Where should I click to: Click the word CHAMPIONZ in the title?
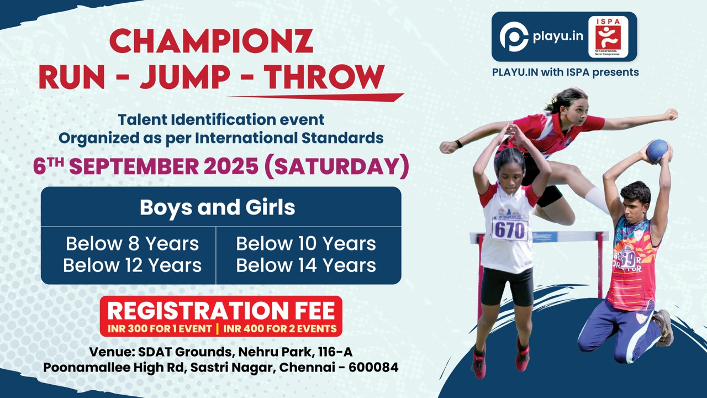point(212,41)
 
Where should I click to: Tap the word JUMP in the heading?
point(185,77)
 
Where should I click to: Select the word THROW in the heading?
point(324,77)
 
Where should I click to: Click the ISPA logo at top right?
point(608,37)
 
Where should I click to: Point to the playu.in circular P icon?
point(514,37)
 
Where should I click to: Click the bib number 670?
point(509,231)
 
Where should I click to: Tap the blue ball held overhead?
point(657,151)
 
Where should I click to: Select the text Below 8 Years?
point(132,244)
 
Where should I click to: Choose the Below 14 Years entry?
point(306,265)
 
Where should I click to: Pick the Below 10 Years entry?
point(306,244)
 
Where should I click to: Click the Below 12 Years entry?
point(132,265)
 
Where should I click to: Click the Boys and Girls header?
point(218,207)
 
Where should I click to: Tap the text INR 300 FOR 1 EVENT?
point(160,329)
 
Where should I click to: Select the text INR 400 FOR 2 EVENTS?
point(280,329)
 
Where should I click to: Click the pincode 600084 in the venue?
point(373,368)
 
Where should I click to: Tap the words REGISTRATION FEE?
point(221,311)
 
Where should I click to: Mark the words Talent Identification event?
point(221,120)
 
